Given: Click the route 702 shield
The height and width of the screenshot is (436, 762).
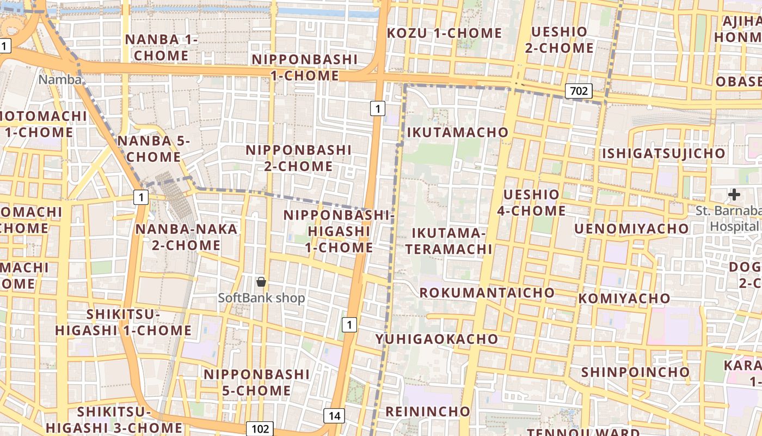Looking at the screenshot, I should point(578,90).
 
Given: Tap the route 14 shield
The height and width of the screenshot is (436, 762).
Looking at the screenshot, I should point(334,416).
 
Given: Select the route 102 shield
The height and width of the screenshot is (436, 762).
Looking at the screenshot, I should point(259,428).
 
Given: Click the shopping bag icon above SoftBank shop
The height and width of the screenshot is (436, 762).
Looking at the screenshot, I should point(261,282).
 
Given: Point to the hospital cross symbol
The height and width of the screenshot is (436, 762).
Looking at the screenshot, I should point(734,194).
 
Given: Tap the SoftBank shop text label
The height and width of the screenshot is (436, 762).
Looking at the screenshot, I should point(261,298).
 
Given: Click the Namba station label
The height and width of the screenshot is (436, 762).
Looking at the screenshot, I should point(60,80).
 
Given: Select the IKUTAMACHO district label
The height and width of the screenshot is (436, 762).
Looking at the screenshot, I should point(458,132).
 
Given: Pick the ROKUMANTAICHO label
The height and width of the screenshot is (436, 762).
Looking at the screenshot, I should point(487,293).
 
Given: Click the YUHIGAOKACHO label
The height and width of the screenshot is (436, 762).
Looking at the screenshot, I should point(437,339).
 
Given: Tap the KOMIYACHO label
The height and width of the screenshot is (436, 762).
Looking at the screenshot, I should point(624,299).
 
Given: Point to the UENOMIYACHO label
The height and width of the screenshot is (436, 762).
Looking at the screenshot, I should point(631,228).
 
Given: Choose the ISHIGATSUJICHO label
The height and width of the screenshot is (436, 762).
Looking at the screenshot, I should point(663,154).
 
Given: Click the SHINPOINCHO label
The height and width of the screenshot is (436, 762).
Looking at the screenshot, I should point(636,372).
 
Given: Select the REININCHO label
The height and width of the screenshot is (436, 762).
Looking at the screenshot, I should point(427,411).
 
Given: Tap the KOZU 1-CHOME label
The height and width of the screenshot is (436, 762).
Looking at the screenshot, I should point(444,33).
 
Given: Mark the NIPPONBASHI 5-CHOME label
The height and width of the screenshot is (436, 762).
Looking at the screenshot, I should point(256,383).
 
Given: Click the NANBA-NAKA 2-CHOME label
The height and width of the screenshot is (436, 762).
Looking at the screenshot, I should point(186,237).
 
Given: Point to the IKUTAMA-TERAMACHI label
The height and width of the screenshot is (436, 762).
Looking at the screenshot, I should point(452,241).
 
